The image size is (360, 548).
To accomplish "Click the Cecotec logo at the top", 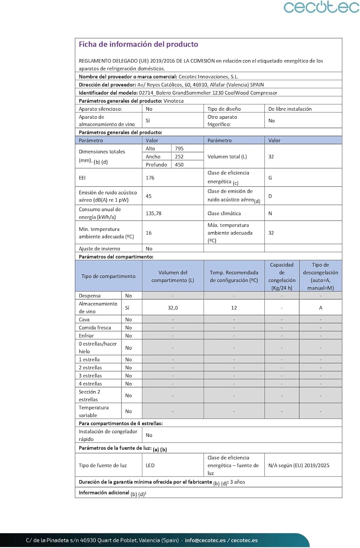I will (x=321, y=7).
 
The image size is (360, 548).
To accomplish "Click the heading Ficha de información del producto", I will (x=139, y=44).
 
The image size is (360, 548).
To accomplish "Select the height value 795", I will (x=179, y=148).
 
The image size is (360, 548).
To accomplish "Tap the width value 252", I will (x=179, y=156).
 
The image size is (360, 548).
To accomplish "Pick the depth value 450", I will (x=179, y=164).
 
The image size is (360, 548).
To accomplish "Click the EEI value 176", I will (x=150, y=178).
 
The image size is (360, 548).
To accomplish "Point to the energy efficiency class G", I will (x=270, y=178).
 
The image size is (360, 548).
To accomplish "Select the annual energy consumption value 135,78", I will (x=154, y=213).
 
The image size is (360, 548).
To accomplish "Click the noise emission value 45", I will (x=149, y=196).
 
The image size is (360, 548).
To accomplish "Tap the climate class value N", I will (x=270, y=213).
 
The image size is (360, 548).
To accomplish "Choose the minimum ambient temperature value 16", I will (x=149, y=233).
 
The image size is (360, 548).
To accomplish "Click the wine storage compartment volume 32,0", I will (x=173, y=308).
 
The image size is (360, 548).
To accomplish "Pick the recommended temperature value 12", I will (x=234, y=308).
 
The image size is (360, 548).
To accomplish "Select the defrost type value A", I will (x=321, y=308).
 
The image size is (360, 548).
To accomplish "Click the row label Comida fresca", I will (x=95, y=328).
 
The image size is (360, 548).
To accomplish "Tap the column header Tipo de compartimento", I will (x=108, y=276).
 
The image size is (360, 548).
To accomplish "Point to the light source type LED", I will (x=150, y=465).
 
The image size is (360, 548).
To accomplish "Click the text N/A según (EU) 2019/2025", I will (x=299, y=465).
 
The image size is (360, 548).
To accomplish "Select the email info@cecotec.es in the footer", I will (x=205, y=540).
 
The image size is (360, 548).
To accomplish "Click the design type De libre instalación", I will (x=290, y=109).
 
